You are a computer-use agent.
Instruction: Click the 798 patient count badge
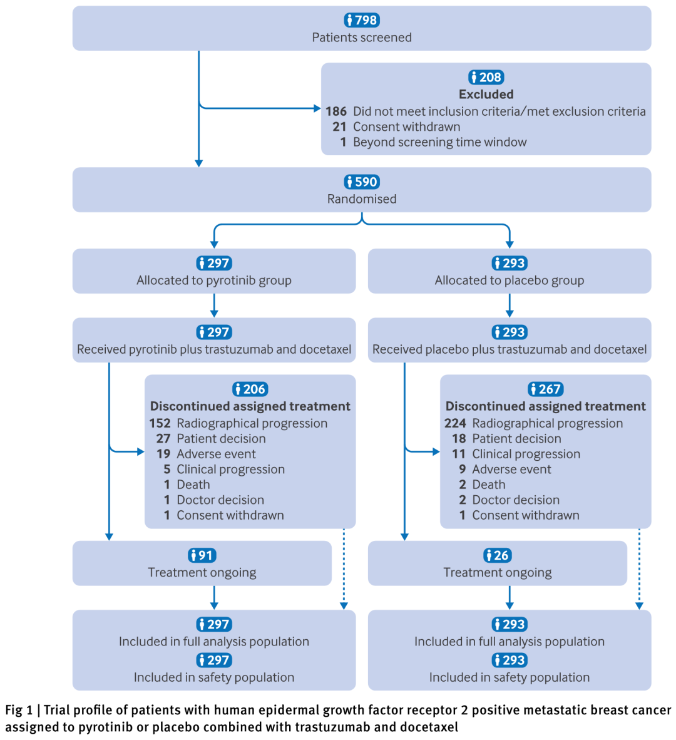pos(362,20)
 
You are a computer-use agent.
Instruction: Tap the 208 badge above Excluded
pos(486,77)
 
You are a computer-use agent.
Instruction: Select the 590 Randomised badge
pos(362,182)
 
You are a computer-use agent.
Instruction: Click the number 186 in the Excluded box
pos(336,111)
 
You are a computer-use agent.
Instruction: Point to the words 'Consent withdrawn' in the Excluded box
pos(407,126)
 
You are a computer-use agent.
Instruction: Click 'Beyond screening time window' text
pos(439,142)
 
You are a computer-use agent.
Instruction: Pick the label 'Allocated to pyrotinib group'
pos(214,280)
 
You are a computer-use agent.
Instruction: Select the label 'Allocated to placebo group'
pos(510,280)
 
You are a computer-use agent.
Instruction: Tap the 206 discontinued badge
pos(250,389)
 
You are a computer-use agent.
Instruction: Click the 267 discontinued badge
pos(545,389)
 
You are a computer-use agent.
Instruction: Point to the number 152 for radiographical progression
pos(160,423)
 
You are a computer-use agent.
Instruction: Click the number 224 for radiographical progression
pos(455,423)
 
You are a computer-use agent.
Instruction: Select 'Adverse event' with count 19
pos(216,454)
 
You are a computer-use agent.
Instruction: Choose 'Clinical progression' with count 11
pos(526,454)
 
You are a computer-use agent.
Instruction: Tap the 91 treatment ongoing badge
pos(202,555)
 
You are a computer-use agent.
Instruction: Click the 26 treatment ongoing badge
pos(497,555)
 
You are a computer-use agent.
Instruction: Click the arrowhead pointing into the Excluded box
pos(317,108)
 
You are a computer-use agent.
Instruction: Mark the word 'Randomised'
pos(362,198)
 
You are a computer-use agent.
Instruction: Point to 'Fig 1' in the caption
pos(18,710)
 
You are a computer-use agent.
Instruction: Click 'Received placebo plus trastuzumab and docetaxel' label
pos(510,349)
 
